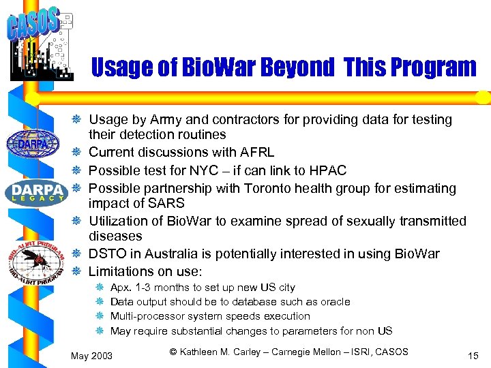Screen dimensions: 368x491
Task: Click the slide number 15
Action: click(473, 356)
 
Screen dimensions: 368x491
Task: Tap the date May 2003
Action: click(92, 356)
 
